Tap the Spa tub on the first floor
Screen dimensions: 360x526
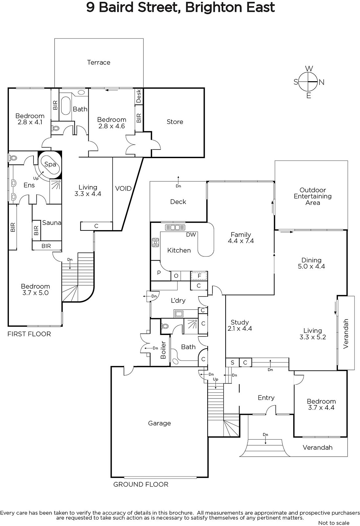tap(50, 164)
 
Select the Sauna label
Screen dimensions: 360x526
tap(52, 223)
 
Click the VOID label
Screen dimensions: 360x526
tap(123, 188)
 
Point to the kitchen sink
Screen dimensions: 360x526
tap(175, 227)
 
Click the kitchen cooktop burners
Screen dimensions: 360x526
tap(155, 242)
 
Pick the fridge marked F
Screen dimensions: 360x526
tap(199, 276)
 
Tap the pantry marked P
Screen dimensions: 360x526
tap(159, 273)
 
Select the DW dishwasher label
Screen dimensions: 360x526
tap(191, 235)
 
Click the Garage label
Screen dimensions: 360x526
tap(159, 423)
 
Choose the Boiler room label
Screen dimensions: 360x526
tap(163, 350)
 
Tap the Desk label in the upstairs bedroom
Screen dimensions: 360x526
tap(139, 96)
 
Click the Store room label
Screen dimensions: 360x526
tap(175, 122)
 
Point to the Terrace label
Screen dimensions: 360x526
tap(99, 62)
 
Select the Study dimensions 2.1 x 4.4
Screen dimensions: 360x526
tap(239, 328)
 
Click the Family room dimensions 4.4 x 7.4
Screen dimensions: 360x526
tap(241, 241)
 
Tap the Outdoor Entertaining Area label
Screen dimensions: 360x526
tap(313, 196)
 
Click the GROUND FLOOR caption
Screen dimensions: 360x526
tap(141, 485)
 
